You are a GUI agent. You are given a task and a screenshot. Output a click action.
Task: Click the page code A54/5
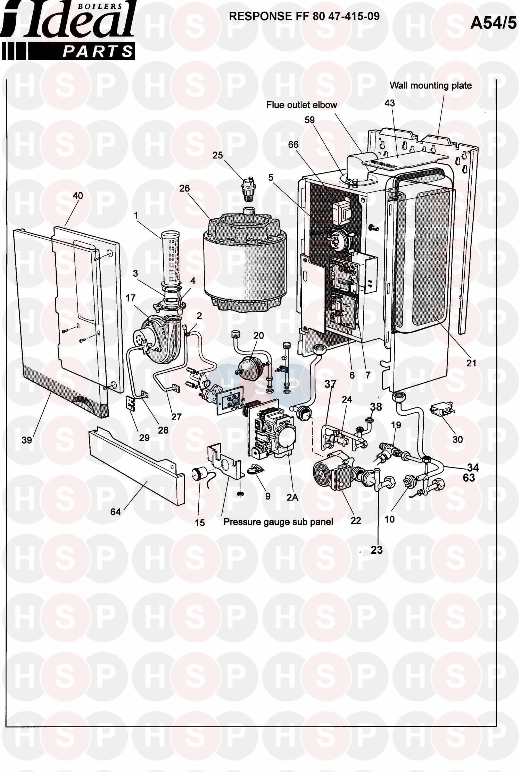(493, 23)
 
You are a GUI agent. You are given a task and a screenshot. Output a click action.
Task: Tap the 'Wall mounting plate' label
(431, 86)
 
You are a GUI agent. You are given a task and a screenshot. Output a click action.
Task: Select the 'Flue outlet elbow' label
(301, 105)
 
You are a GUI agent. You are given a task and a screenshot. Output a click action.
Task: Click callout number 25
(218, 155)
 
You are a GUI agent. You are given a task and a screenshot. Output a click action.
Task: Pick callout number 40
(78, 196)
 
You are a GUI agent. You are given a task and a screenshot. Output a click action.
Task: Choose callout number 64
(115, 512)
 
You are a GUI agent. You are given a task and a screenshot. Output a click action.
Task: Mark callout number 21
(471, 363)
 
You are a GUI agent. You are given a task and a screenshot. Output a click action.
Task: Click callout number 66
(293, 144)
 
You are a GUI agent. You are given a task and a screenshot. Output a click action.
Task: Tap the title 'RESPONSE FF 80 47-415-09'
(304, 16)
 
